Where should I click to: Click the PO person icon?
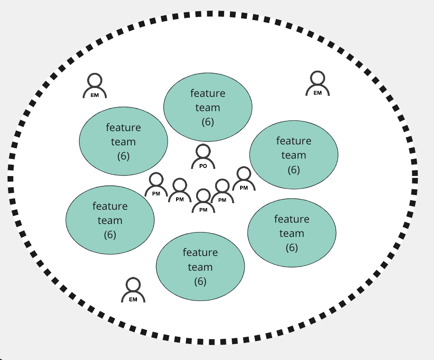tap(203, 157)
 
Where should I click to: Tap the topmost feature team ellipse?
tap(208, 107)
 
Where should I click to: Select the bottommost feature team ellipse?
tap(200, 267)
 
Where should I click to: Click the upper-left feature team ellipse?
tap(123, 141)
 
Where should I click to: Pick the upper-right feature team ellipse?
tap(293, 155)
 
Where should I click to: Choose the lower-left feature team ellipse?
tap(110, 220)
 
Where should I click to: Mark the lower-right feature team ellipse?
tap(292, 233)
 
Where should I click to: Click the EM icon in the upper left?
tap(95, 86)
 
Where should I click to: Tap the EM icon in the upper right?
tap(317, 84)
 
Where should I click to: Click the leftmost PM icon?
tap(156, 185)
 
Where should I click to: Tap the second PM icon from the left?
tap(180, 191)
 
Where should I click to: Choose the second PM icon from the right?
tap(222, 192)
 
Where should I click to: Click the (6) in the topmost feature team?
tap(208, 122)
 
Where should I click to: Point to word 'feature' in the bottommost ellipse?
tap(200, 252)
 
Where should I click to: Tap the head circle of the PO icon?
tap(203, 151)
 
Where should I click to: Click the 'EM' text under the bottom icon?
tap(133, 299)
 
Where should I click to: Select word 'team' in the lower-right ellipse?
tap(292, 233)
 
